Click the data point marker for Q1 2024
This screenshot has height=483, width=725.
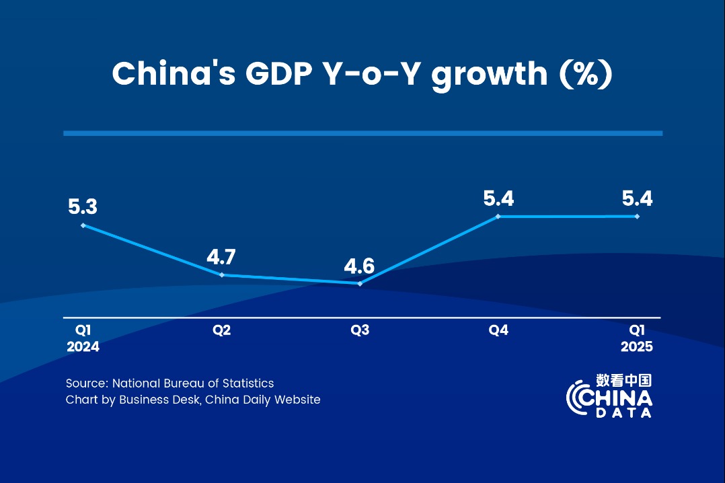pyautogui.click(x=83, y=225)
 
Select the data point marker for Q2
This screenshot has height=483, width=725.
pyautogui.click(x=222, y=275)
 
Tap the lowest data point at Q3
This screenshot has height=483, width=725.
pyautogui.click(x=360, y=284)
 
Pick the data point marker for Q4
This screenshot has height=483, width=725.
pyautogui.click(x=498, y=217)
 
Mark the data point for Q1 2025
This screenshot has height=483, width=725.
pyautogui.click(x=637, y=216)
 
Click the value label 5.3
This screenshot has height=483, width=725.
pyautogui.click(x=83, y=207)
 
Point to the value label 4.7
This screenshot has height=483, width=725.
pyautogui.click(x=222, y=257)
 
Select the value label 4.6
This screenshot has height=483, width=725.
pyautogui.click(x=359, y=266)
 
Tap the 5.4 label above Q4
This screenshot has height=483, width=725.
pyautogui.click(x=498, y=198)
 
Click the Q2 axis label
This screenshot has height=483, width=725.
pyautogui.click(x=222, y=330)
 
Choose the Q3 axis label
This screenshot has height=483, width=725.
pyautogui.click(x=360, y=330)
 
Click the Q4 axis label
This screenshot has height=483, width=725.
pyautogui.click(x=498, y=330)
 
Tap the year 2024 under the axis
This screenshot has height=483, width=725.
pyautogui.click(x=83, y=347)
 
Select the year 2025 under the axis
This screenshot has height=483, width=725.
pyautogui.click(x=637, y=347)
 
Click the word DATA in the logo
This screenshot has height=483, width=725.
pyautogui.click(x=624, y=412)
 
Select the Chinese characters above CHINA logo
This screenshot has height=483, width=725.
pyautogui.click(x=623, y=381)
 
